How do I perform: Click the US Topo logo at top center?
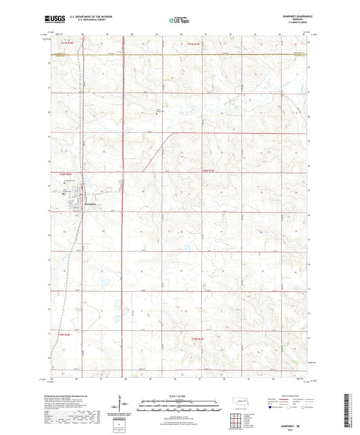coord(179,20)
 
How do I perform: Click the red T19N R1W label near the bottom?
coord(196,338)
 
